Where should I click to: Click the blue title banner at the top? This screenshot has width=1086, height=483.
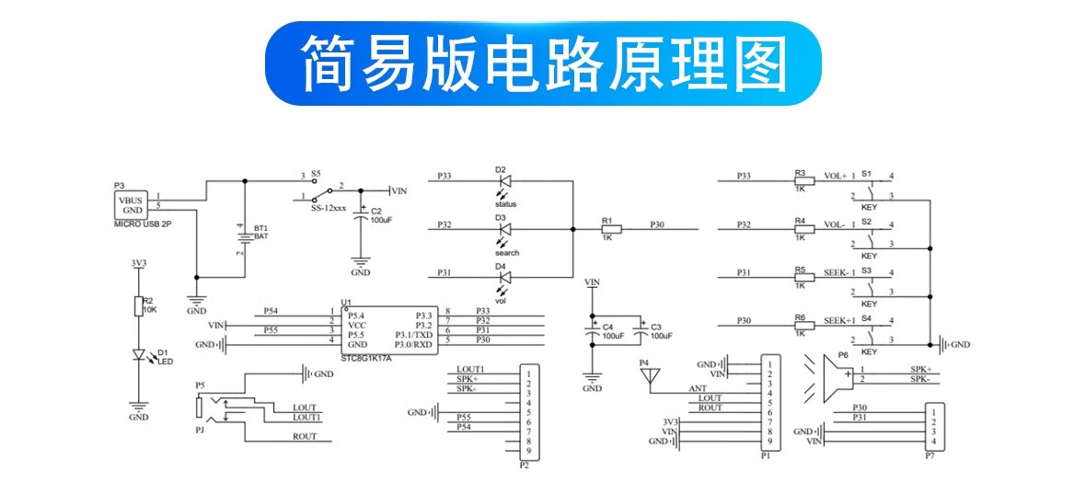543,63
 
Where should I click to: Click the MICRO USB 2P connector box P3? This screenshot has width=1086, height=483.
133,205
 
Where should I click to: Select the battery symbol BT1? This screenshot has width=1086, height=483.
243,236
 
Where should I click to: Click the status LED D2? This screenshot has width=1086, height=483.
503,180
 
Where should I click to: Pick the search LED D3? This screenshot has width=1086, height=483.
503,228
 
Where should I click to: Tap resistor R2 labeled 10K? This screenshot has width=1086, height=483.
138,306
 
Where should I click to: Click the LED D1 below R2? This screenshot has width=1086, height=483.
139,354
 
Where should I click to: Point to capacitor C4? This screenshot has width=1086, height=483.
594,332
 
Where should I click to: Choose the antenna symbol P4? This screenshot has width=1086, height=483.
650,375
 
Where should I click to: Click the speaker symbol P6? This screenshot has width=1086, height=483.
834,374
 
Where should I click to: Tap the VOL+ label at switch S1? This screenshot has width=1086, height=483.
834,175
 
